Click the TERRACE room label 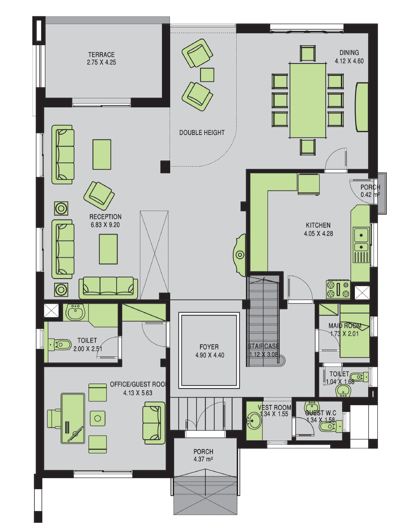tap(101, 55)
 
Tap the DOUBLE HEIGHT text tap(202, 133)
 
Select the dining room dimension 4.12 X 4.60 tap(349, 61)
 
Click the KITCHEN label tap(318, 225)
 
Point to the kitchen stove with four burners tap(338, 289)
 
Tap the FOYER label tap(209, 347)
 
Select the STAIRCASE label tap(263, 346)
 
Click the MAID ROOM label tap(345, 326)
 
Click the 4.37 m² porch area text tap(203, 459)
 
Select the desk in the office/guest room tap(73, 418)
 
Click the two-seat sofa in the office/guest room tap(154, 423)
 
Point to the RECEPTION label tap(105, 217)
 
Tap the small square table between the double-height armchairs tap(207, 75)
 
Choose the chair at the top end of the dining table tap(308, 53)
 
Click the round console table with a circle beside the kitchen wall tap(240, 255)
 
